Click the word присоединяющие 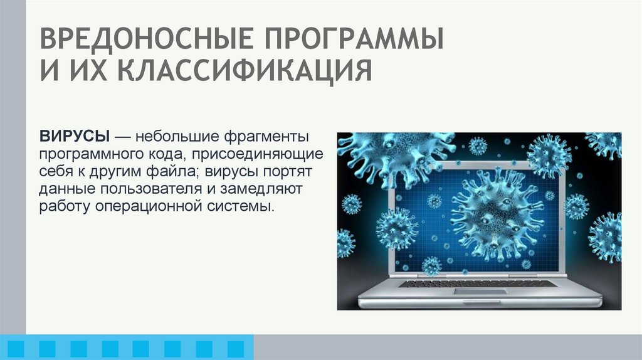click(270, 154)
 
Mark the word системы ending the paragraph click(241, 206)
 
